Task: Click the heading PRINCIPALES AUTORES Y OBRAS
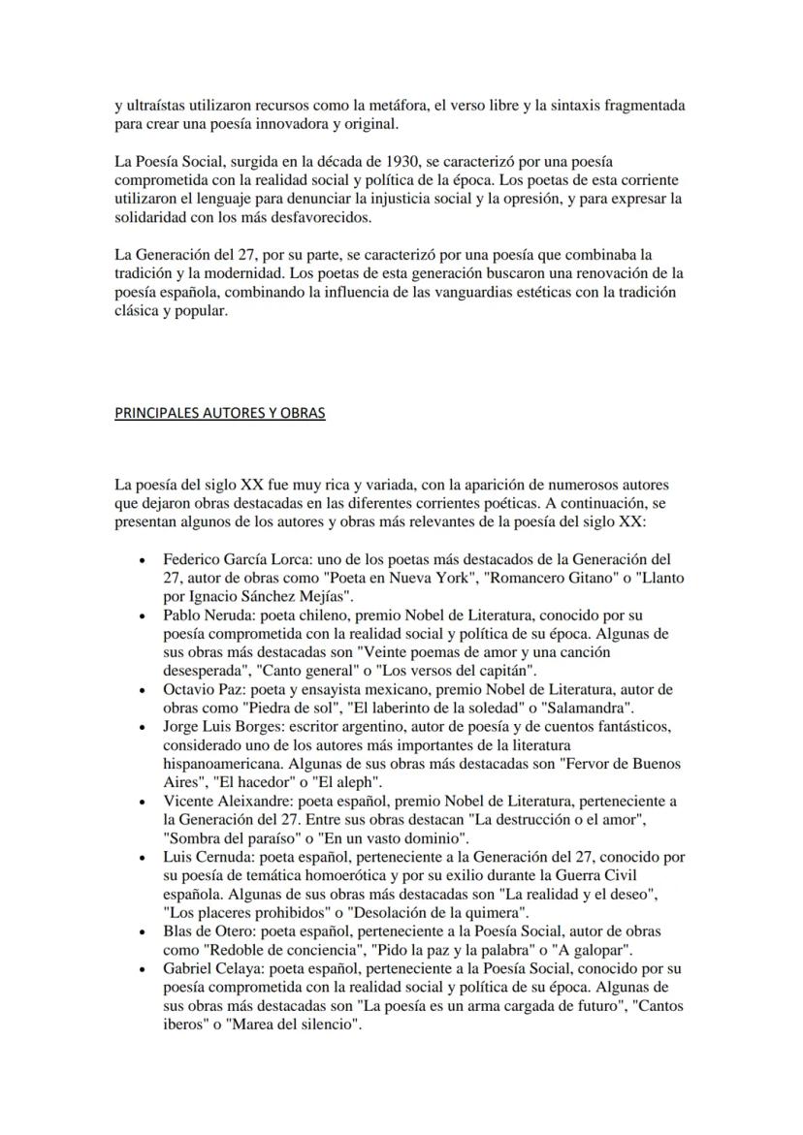point(220,413)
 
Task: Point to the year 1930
point(402,161)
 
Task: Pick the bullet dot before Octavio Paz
point(144,690)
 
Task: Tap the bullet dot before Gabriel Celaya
point(144,969)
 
